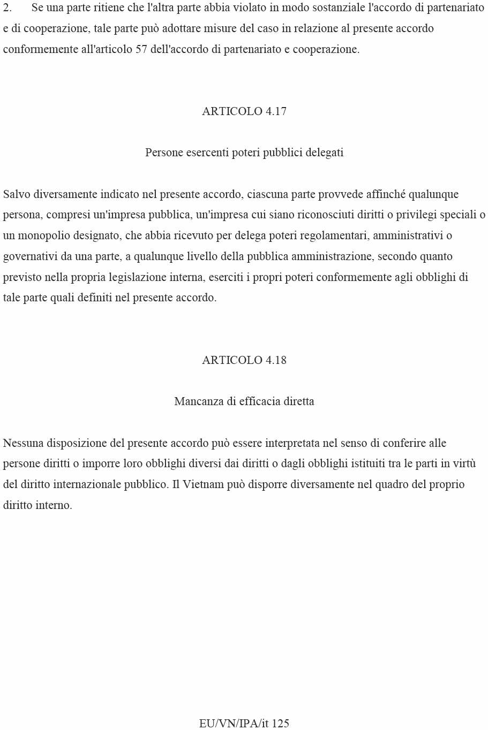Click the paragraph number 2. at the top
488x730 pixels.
coord(7,8)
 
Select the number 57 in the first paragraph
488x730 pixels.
coord(141,50)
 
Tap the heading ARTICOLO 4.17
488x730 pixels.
coord(244,111)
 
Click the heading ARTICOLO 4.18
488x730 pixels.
coord(244,360)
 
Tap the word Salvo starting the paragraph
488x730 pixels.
coord(17,194)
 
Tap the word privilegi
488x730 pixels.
coord(417,215)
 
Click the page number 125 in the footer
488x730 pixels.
coord(281,724)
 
